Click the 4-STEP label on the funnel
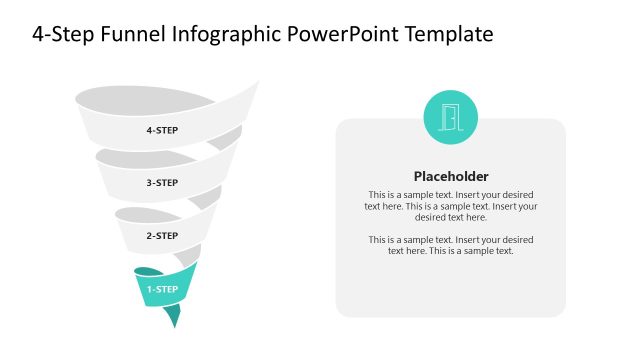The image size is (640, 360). pos(162,130)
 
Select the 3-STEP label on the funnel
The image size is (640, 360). pos(162,183)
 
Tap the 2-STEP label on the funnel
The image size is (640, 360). pos(162,236)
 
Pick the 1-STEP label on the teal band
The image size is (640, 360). pos(162,290)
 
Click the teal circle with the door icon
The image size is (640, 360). pos(450,117)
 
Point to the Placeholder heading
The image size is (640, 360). pos(451,176)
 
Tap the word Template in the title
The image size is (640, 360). pos(450,35)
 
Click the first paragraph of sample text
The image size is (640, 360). pos(451,205)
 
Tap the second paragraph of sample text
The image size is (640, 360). pos(451,245)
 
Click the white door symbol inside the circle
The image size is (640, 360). pos(450,117)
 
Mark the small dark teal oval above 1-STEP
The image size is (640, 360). pos(147,271)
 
